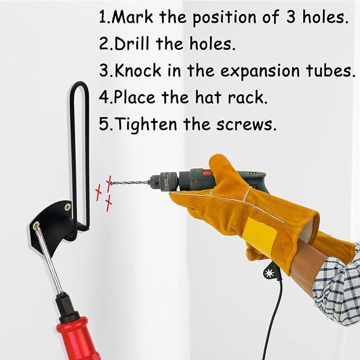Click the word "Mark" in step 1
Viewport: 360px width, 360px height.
[x=133, y=17]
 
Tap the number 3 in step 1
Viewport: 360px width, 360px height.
[x=291, y=17]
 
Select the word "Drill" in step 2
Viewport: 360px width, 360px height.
[x=132, y=43]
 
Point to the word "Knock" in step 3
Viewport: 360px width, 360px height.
[x=138, y=71]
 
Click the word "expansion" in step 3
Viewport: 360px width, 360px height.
[x=260, y=71]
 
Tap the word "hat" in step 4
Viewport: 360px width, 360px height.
[x=208, y=97]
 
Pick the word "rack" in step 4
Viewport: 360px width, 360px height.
[x=246, y=97]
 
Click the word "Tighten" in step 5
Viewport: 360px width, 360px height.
[x=146, y=125]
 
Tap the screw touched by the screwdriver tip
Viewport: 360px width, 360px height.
[x=36, y=225]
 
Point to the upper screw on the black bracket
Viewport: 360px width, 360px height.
[x=67, y=207]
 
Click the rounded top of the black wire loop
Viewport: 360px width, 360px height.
[x=79, y=85]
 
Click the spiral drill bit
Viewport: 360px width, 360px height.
[x=130, y=183]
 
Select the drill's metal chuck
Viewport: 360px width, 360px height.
[x=164, y=181]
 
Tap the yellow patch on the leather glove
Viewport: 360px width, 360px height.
[x=260, y=236]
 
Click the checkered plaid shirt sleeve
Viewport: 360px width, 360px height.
[x=338, y=287]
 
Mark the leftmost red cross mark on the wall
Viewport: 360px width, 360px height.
[x=99, y=192]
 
